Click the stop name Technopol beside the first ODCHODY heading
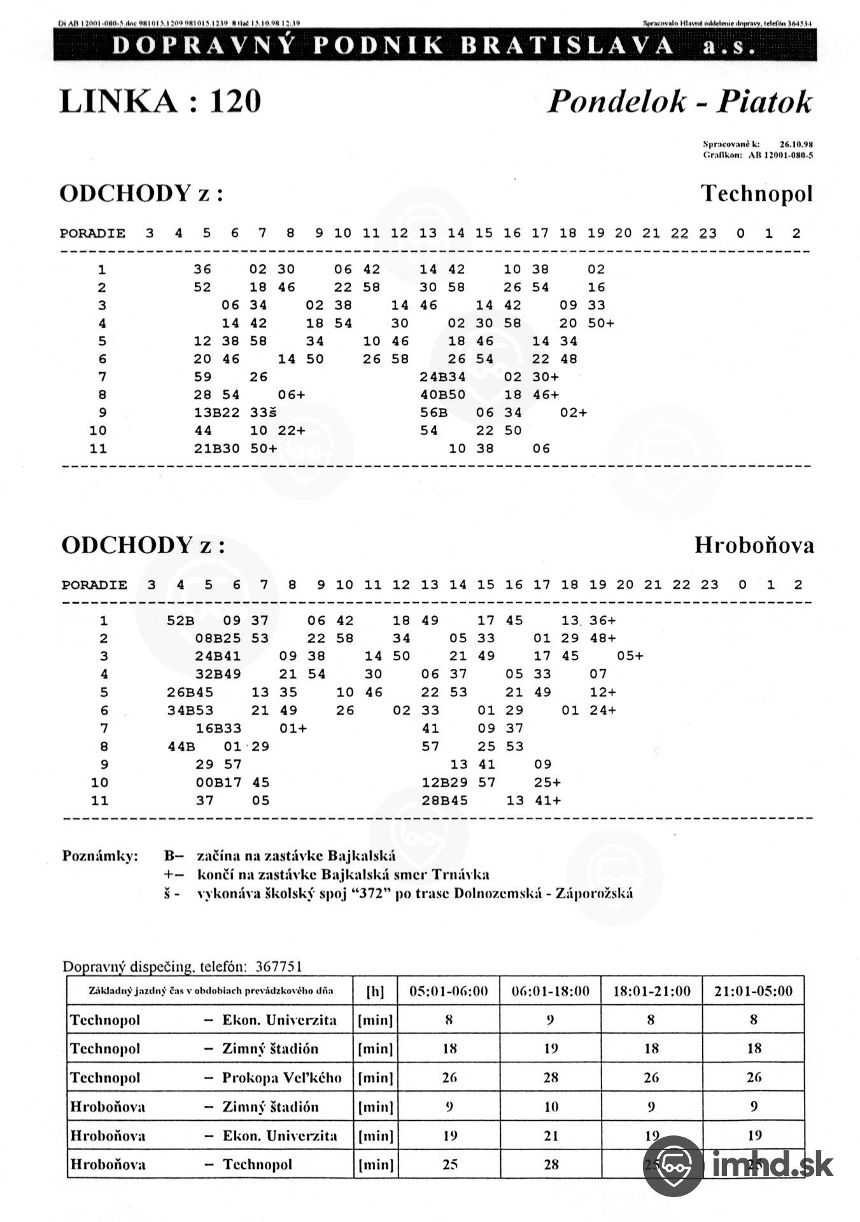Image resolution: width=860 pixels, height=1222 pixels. tap(756, 193)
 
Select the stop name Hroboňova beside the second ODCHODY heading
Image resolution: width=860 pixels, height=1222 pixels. tap(754, 545)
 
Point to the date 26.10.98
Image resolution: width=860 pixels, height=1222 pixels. tap(796, 144)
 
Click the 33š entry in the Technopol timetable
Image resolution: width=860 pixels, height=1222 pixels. tap(264, 412)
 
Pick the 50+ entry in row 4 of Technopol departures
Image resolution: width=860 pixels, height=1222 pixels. tap(601, 323)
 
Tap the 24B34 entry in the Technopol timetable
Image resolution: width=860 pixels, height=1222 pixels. tap(442, 377)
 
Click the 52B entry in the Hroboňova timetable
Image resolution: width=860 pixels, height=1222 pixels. tap(181, 621)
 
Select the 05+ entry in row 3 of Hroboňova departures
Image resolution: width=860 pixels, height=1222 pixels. tap(630, 656)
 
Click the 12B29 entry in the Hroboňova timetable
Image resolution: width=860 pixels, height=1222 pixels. tap(444, 782)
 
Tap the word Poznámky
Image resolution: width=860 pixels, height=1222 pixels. tap(100, 855)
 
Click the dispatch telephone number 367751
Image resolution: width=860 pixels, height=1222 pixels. tap(278, 967)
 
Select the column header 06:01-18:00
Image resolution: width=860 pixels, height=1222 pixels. tap(551, 991)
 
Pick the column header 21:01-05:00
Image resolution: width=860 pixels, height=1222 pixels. tap(754, 991)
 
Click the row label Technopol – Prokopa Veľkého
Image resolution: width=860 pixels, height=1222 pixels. tap(206, 1078)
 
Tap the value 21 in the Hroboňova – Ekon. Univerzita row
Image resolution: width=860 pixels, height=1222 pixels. tap(551, 1135)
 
